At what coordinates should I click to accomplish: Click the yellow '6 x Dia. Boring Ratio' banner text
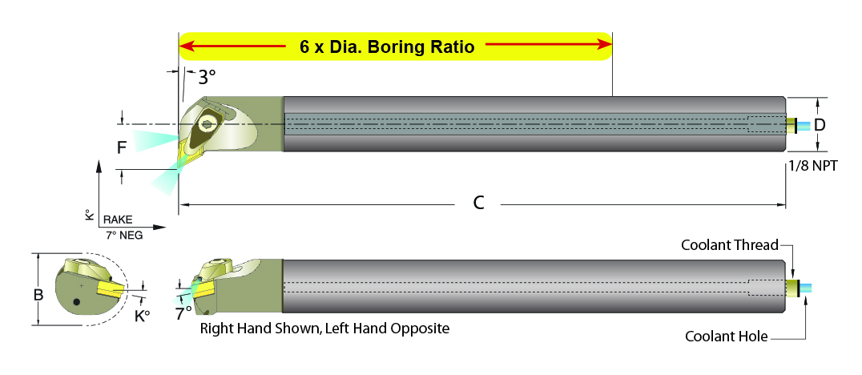click(x=387, y=46)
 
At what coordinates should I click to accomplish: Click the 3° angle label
click(x=207, y=77)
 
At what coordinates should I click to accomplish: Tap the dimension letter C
click(x=478, y=203)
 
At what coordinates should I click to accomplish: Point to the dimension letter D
click(x=819, y=125)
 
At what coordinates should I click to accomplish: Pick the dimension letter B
click(x=38, y=295)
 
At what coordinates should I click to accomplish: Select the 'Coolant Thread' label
click(x=730, y=244)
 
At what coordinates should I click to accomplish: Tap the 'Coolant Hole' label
click(x=726, y=336)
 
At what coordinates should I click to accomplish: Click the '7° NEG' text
click(x=124, y=236)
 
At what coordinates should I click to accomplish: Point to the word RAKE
click(x=118, y=220)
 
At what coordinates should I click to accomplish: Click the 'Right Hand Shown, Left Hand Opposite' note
click(x=324, y=329)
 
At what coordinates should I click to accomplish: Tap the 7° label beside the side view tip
click(x=183, y=313)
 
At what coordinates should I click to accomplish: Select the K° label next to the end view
click(x=143, y=317)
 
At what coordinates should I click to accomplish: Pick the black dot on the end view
click(x=76, y=302)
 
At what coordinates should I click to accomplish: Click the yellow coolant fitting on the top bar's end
click(x=792, y=125)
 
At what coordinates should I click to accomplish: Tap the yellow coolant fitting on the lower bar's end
click(x=792, y=288)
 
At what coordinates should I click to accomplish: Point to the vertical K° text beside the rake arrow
click(x=90, y=215)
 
